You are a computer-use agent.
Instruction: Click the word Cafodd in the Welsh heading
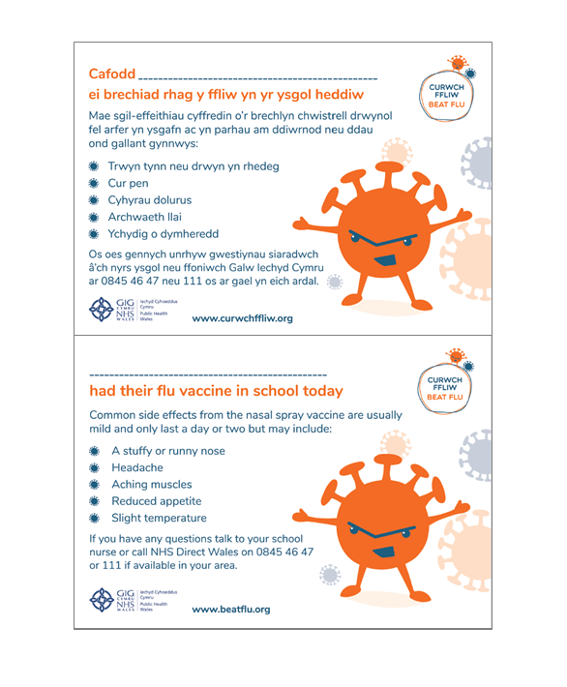pos(111,75)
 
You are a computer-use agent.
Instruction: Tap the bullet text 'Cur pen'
pos(128,182)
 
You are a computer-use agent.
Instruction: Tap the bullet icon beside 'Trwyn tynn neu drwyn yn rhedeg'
pos(95,165)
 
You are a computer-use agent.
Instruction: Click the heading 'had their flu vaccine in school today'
pos(215,391)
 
